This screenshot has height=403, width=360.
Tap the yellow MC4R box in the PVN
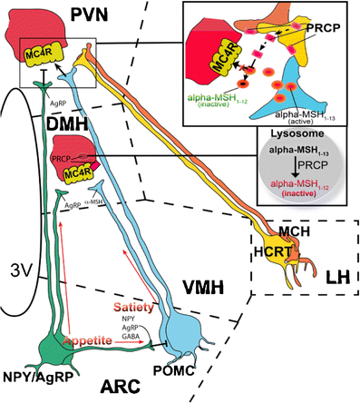43,54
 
